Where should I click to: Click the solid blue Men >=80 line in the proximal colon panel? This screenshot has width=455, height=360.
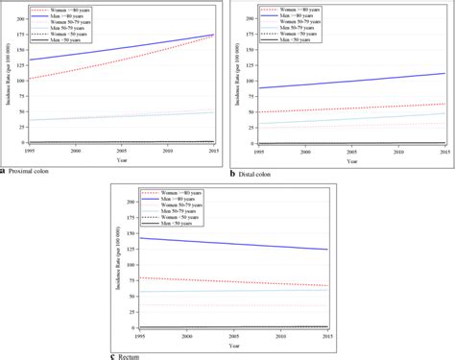click(115, 48)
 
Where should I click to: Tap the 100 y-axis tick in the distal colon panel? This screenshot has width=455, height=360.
click(245, 81)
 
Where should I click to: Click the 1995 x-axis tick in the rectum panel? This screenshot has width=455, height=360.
click(141, 335)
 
